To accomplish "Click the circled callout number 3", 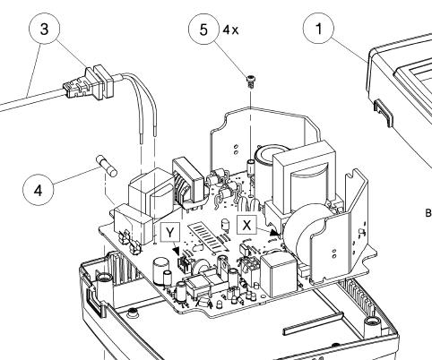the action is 44,29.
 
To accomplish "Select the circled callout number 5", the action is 203,30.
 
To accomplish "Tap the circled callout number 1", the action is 318,29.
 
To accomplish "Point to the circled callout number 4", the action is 39,190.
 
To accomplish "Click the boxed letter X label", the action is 246,225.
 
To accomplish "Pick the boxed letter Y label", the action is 170,232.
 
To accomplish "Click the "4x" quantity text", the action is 231,30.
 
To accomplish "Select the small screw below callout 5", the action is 250,81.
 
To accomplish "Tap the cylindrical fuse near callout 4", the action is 107,166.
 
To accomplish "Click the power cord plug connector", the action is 89,83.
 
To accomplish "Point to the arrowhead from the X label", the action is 274,232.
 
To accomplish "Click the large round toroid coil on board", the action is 304,229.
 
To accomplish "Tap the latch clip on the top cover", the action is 384,112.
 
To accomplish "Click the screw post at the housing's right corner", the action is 372,322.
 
